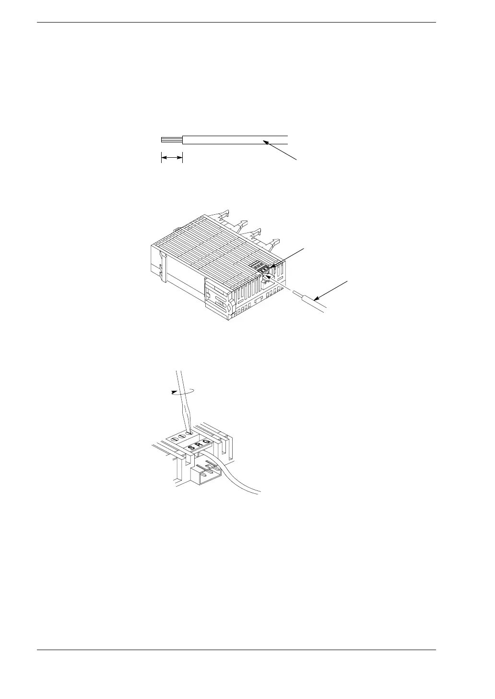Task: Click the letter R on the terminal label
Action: [x=200, y=445]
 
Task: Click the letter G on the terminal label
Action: [x=207, y=443]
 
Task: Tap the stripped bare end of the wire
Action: [x=172, y=140]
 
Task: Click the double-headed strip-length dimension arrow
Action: [x=172, y=157]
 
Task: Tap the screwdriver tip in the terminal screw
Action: [x=189, y=431]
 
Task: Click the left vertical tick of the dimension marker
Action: [x=161, y=158]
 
